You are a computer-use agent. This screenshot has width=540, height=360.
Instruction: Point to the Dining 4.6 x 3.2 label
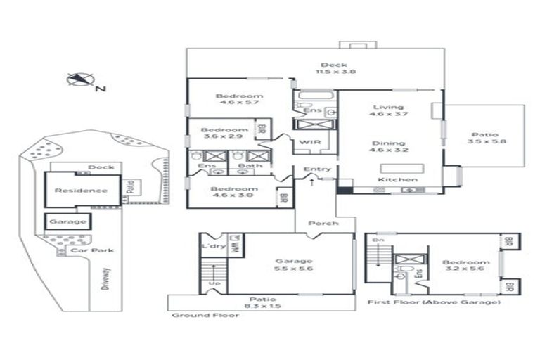(390, 145)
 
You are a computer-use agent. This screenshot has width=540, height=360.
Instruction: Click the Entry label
(317, 169)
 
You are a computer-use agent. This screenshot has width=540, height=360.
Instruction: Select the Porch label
(322, 224)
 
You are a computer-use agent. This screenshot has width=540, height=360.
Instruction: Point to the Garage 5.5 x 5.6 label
(294, 264)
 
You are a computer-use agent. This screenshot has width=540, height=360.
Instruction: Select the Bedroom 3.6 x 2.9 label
(224, 133)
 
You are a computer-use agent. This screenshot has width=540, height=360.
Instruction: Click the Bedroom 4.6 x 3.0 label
(231, 192)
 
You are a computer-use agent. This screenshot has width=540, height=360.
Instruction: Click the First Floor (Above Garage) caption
(434, 302)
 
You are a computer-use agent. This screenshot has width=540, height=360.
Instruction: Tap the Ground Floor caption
(205, 316)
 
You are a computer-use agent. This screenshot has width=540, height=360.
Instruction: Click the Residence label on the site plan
(82, 190)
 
